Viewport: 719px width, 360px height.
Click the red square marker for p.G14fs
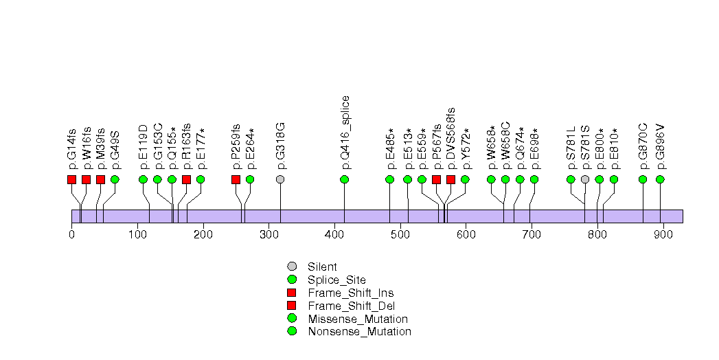point(71,179)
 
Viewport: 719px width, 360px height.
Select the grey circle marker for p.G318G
point(280,179)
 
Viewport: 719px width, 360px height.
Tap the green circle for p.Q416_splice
point(344,179)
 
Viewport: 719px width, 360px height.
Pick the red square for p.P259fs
point(236,179)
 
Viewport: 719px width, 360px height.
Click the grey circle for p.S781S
point(585,179)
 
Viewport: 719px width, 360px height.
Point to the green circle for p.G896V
point(660,179)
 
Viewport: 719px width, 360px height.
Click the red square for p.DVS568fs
point(450,179)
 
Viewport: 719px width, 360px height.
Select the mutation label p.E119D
point(144,146)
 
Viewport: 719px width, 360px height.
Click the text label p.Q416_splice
point(345,132)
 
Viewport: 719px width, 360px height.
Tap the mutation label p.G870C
point(643,146)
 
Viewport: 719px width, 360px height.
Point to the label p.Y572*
point(466,148)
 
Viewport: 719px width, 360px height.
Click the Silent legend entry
point(322,267)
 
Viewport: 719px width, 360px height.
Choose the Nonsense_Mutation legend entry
point(359,331)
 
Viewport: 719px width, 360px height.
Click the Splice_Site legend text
point(336,280)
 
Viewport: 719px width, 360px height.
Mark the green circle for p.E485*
point(389,179)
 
